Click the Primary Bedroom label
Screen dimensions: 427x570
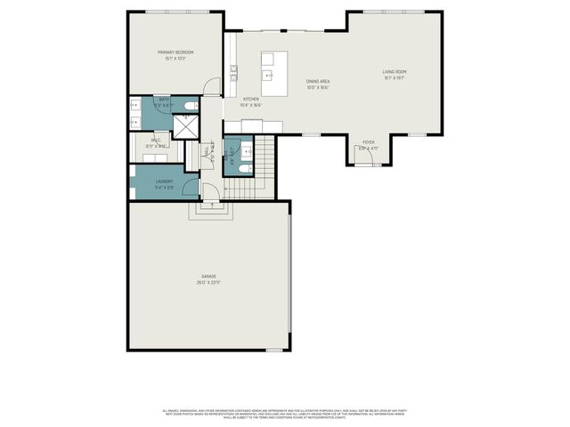coord(174,52)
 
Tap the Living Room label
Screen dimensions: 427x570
coord(395,71)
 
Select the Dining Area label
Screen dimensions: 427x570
coord(318,81)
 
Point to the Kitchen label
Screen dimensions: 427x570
coord(251,99)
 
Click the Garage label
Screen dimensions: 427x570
coord(208,278)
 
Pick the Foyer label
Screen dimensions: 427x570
coord(368,142)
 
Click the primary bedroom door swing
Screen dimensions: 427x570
coord(210,86)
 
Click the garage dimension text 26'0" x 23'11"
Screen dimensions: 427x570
coord(208,283)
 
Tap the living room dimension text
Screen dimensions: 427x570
coord(395,77)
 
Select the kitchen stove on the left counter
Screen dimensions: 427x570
coord(233,71)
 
